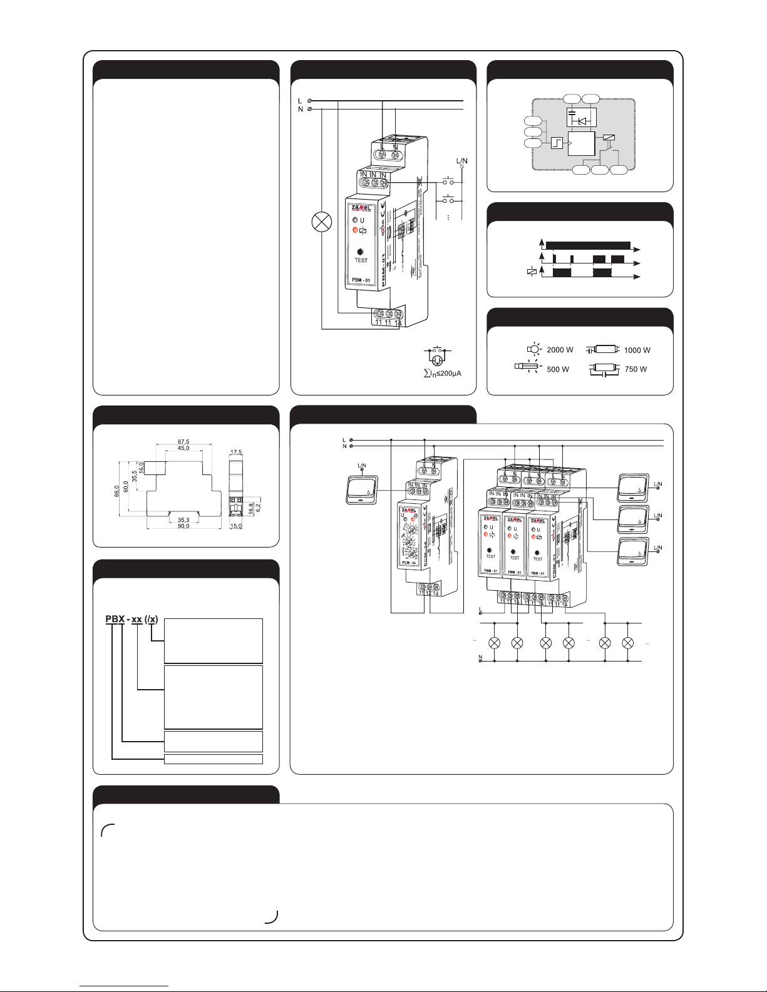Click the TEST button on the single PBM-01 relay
click(361, 251)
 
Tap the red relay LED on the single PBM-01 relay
click(355, 230)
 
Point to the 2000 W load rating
click(560, 350)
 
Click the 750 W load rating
click(636, 369)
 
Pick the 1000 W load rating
click(637, 350)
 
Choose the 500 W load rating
click(558, 369)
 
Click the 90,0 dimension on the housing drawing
click(183, 526)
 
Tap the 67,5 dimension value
click(183, 441)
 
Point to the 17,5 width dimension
click(236, 451)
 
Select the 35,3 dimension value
click(183, 519)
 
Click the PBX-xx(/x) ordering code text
click(131, 620)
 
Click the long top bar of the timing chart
click(588, 245)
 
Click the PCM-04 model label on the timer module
click(409, 563)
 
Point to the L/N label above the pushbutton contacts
click(461, 161)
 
